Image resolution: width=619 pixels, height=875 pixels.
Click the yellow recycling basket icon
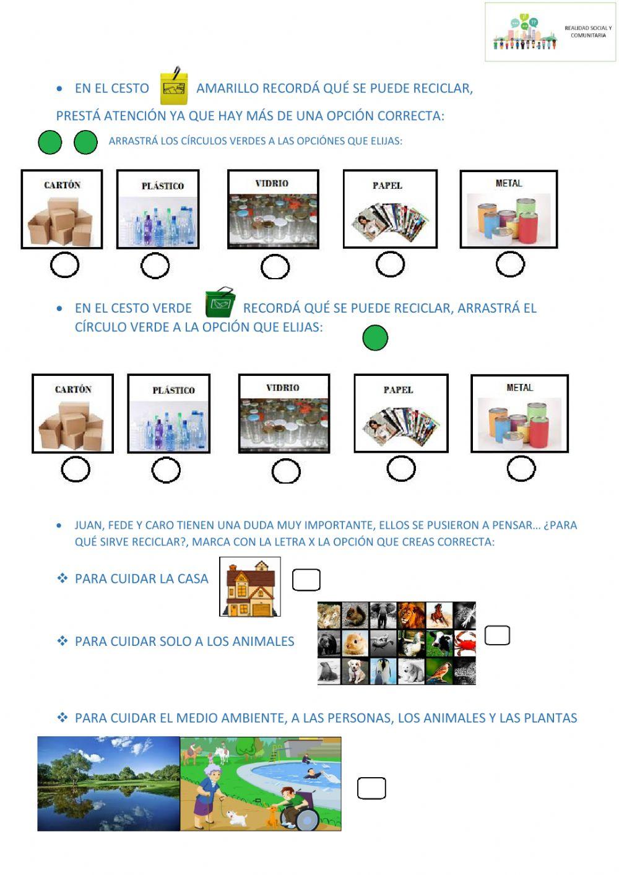point(174,86)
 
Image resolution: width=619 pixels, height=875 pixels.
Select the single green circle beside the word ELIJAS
point(375,337)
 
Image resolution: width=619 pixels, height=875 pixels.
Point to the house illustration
point(250,586)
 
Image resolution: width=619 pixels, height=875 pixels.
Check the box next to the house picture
point(306,580)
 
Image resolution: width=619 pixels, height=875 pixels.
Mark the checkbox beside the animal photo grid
point(497,635)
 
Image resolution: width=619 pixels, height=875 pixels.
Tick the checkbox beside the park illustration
point(371,788)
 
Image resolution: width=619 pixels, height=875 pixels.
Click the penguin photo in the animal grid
point(383,671)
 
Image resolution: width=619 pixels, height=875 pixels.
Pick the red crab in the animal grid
point(464,643)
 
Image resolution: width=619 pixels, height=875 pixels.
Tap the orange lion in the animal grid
point(411,615)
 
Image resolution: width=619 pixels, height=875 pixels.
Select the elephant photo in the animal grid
point(383,615)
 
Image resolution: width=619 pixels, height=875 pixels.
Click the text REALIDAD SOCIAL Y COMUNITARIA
point(588,32)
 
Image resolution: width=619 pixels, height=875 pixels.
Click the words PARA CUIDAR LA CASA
point(141,578)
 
